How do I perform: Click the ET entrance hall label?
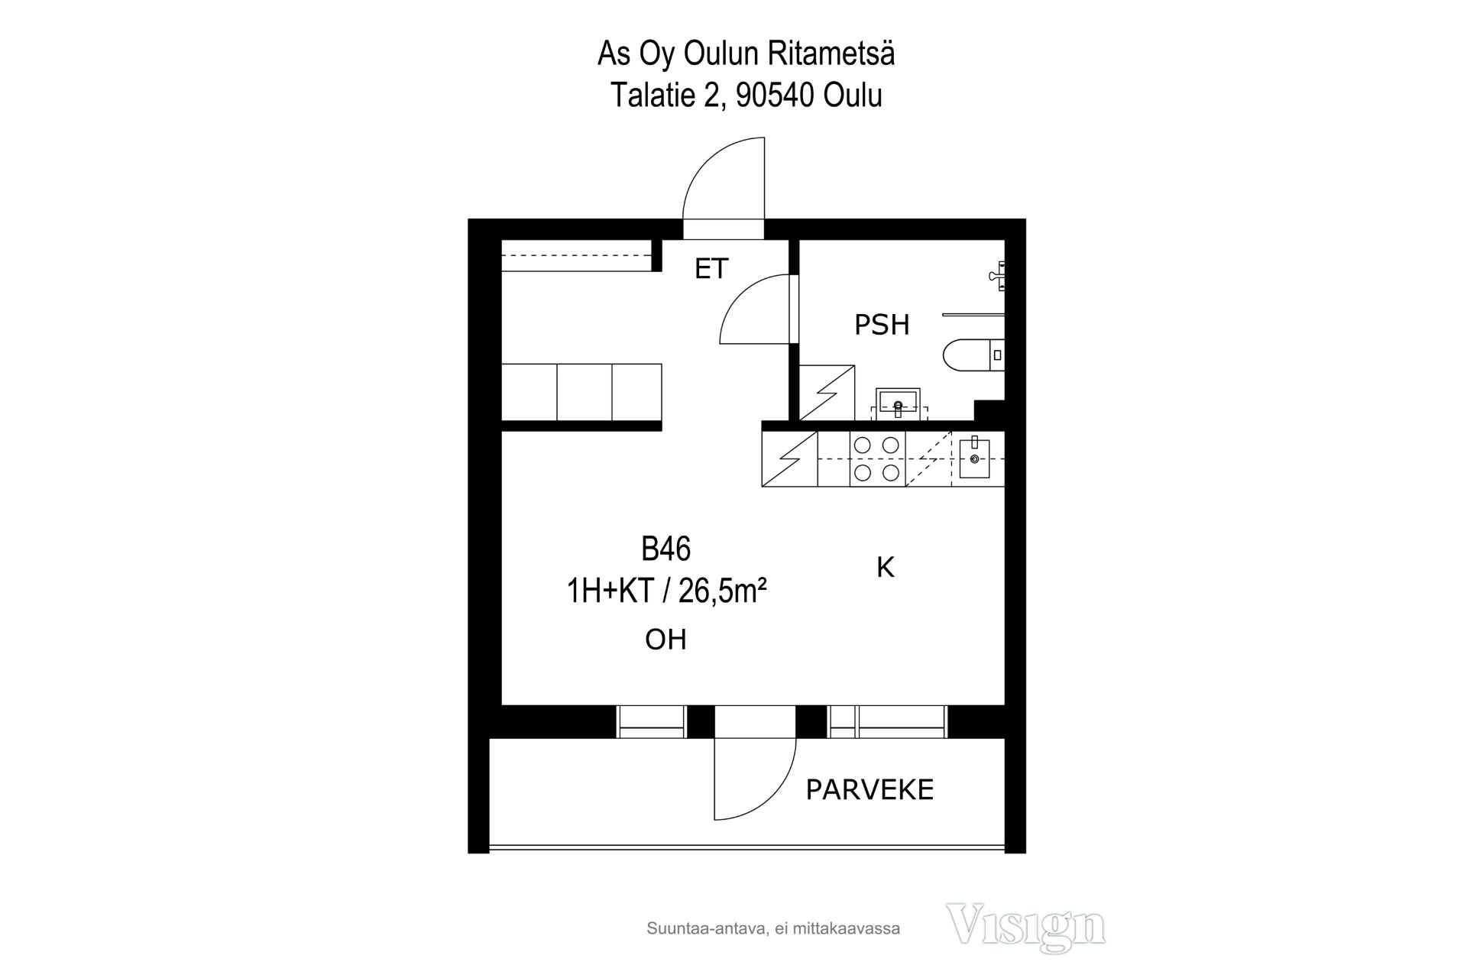(711, 269)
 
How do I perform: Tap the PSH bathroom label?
(882, 325)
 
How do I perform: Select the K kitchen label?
(885, 567)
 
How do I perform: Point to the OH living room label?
(665, 640)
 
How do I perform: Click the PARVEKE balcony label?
(870, 790)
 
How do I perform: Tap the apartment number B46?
(666, 549)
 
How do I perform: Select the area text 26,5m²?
(722, 591)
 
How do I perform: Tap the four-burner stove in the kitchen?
(877, 458)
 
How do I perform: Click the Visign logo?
(1025, 927)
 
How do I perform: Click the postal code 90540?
(776, 96)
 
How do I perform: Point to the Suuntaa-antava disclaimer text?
(773, 929)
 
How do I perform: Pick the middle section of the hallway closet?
(585, 392)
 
